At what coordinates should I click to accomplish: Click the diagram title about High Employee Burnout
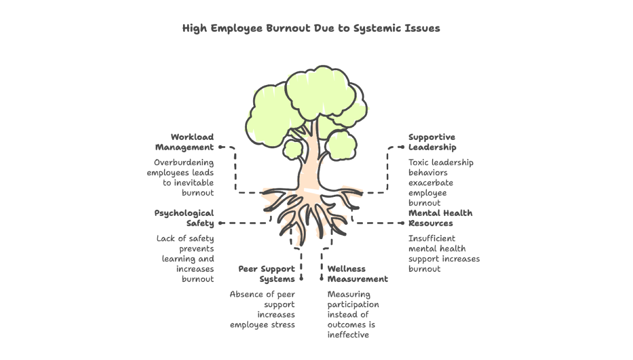(311, 29)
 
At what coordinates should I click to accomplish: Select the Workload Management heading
(185, 143)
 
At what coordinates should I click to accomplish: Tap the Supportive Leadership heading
(432, 143)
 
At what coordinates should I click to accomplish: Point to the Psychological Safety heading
(184, 219)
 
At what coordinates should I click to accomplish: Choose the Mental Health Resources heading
(440, 219)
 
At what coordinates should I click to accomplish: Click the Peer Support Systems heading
(266, 274)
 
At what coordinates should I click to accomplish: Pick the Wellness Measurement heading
(357, 274)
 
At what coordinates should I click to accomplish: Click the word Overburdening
(184, 163)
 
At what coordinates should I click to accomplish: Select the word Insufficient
(431, 239)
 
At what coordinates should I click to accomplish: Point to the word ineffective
(348, 335)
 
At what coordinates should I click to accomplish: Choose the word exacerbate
(430, 183)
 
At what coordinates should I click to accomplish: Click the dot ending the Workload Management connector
(220, 147)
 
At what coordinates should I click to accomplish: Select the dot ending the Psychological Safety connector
(220, 223)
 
